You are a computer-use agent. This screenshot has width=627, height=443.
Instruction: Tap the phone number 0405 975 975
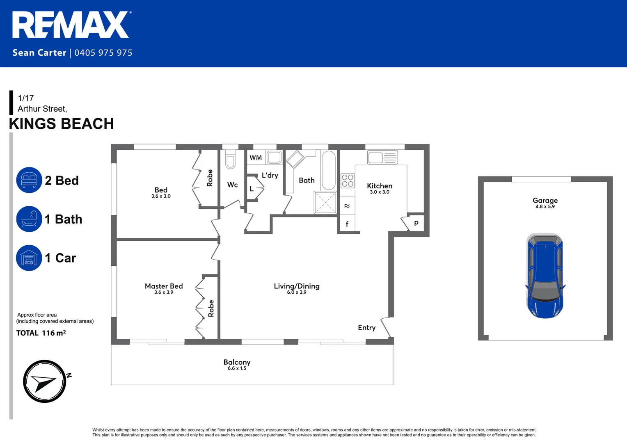[x=103, y=53]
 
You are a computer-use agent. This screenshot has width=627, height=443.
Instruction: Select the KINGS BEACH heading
[x=62, y=124]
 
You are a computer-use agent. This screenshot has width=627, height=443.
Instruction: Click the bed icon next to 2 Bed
[x=29, y=180]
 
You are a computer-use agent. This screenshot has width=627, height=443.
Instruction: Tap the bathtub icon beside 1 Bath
[x=29, y=219]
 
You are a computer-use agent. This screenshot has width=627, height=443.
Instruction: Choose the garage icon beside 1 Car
[x=29, y=258]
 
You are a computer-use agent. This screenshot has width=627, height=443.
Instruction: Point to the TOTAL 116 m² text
[x=41, y=333]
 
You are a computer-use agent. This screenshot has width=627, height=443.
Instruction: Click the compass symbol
[x=44, y=381]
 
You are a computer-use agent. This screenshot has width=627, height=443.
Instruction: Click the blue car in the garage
[x=545, y=276]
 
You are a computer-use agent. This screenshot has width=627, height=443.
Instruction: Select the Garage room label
[x=545, y=200]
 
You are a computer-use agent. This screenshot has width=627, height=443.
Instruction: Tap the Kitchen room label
[x=380, y=186]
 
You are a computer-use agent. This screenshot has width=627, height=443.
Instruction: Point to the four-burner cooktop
[x=348, y=180]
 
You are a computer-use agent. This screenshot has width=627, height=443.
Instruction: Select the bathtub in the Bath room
[x=329, y=170]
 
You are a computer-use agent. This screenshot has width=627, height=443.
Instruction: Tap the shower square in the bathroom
[x=325, y=202]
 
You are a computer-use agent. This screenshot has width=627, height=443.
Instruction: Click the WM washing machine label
[x=256, y=158]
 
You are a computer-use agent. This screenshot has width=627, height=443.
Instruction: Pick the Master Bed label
[x=164, y=286]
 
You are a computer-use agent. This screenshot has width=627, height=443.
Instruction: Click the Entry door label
[x=366, y=327]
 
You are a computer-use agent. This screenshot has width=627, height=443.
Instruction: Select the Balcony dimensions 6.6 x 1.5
[x=237, y=368]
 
